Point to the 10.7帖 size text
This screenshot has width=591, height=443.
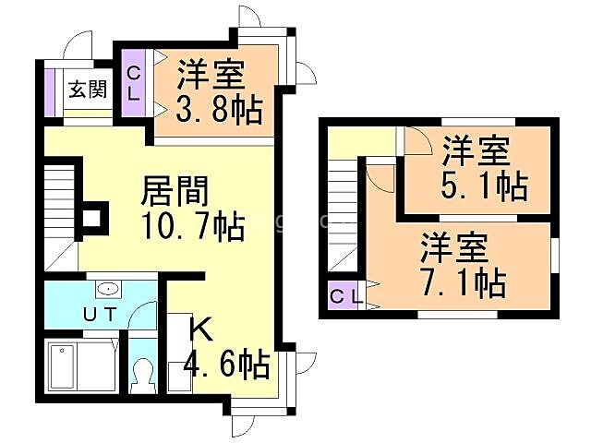pos(193,224)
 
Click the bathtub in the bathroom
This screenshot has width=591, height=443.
pos(78,367)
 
